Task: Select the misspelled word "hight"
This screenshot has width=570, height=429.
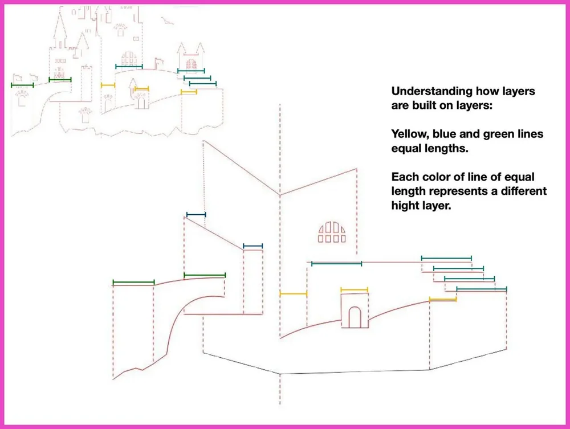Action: point(407,205)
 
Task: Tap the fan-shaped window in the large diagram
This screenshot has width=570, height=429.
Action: point(332,231)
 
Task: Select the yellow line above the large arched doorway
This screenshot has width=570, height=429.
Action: point(354,289)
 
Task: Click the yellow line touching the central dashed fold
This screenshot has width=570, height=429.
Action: point(293,293)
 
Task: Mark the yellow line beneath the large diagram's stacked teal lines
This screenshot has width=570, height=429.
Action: point(443,299)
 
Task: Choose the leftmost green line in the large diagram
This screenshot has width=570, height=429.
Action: point(133,282)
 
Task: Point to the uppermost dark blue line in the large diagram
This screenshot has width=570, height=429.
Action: point(196,215)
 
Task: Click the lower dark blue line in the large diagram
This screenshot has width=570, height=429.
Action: point(253,246)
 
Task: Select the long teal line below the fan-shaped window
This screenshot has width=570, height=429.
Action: point(336,263)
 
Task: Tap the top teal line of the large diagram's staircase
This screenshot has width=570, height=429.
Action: point(446,258)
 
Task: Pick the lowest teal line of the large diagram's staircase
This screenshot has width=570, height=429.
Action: point(481,289)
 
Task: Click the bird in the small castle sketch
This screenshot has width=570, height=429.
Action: point(166,21)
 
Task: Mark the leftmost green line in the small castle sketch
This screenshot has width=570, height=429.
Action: point(22,85)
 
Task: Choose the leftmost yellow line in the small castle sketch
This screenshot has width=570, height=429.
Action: point(108,85)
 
